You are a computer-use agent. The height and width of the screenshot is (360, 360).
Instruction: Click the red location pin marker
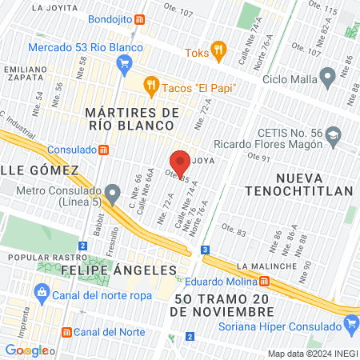(181, 160)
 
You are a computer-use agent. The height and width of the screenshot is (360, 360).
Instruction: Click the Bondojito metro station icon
(140, 19)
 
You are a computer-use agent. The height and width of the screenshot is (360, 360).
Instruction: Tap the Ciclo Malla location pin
(326, 77)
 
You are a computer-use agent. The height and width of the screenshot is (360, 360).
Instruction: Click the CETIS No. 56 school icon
(332, 135)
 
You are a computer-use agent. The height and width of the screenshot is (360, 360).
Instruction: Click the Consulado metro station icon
(102, 150)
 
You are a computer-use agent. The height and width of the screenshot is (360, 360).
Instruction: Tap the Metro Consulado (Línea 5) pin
(114, 192)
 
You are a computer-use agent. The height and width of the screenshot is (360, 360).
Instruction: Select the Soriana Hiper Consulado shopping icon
(349, 325)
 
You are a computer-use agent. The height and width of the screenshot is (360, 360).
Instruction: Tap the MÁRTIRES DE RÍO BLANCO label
(131, 120)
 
